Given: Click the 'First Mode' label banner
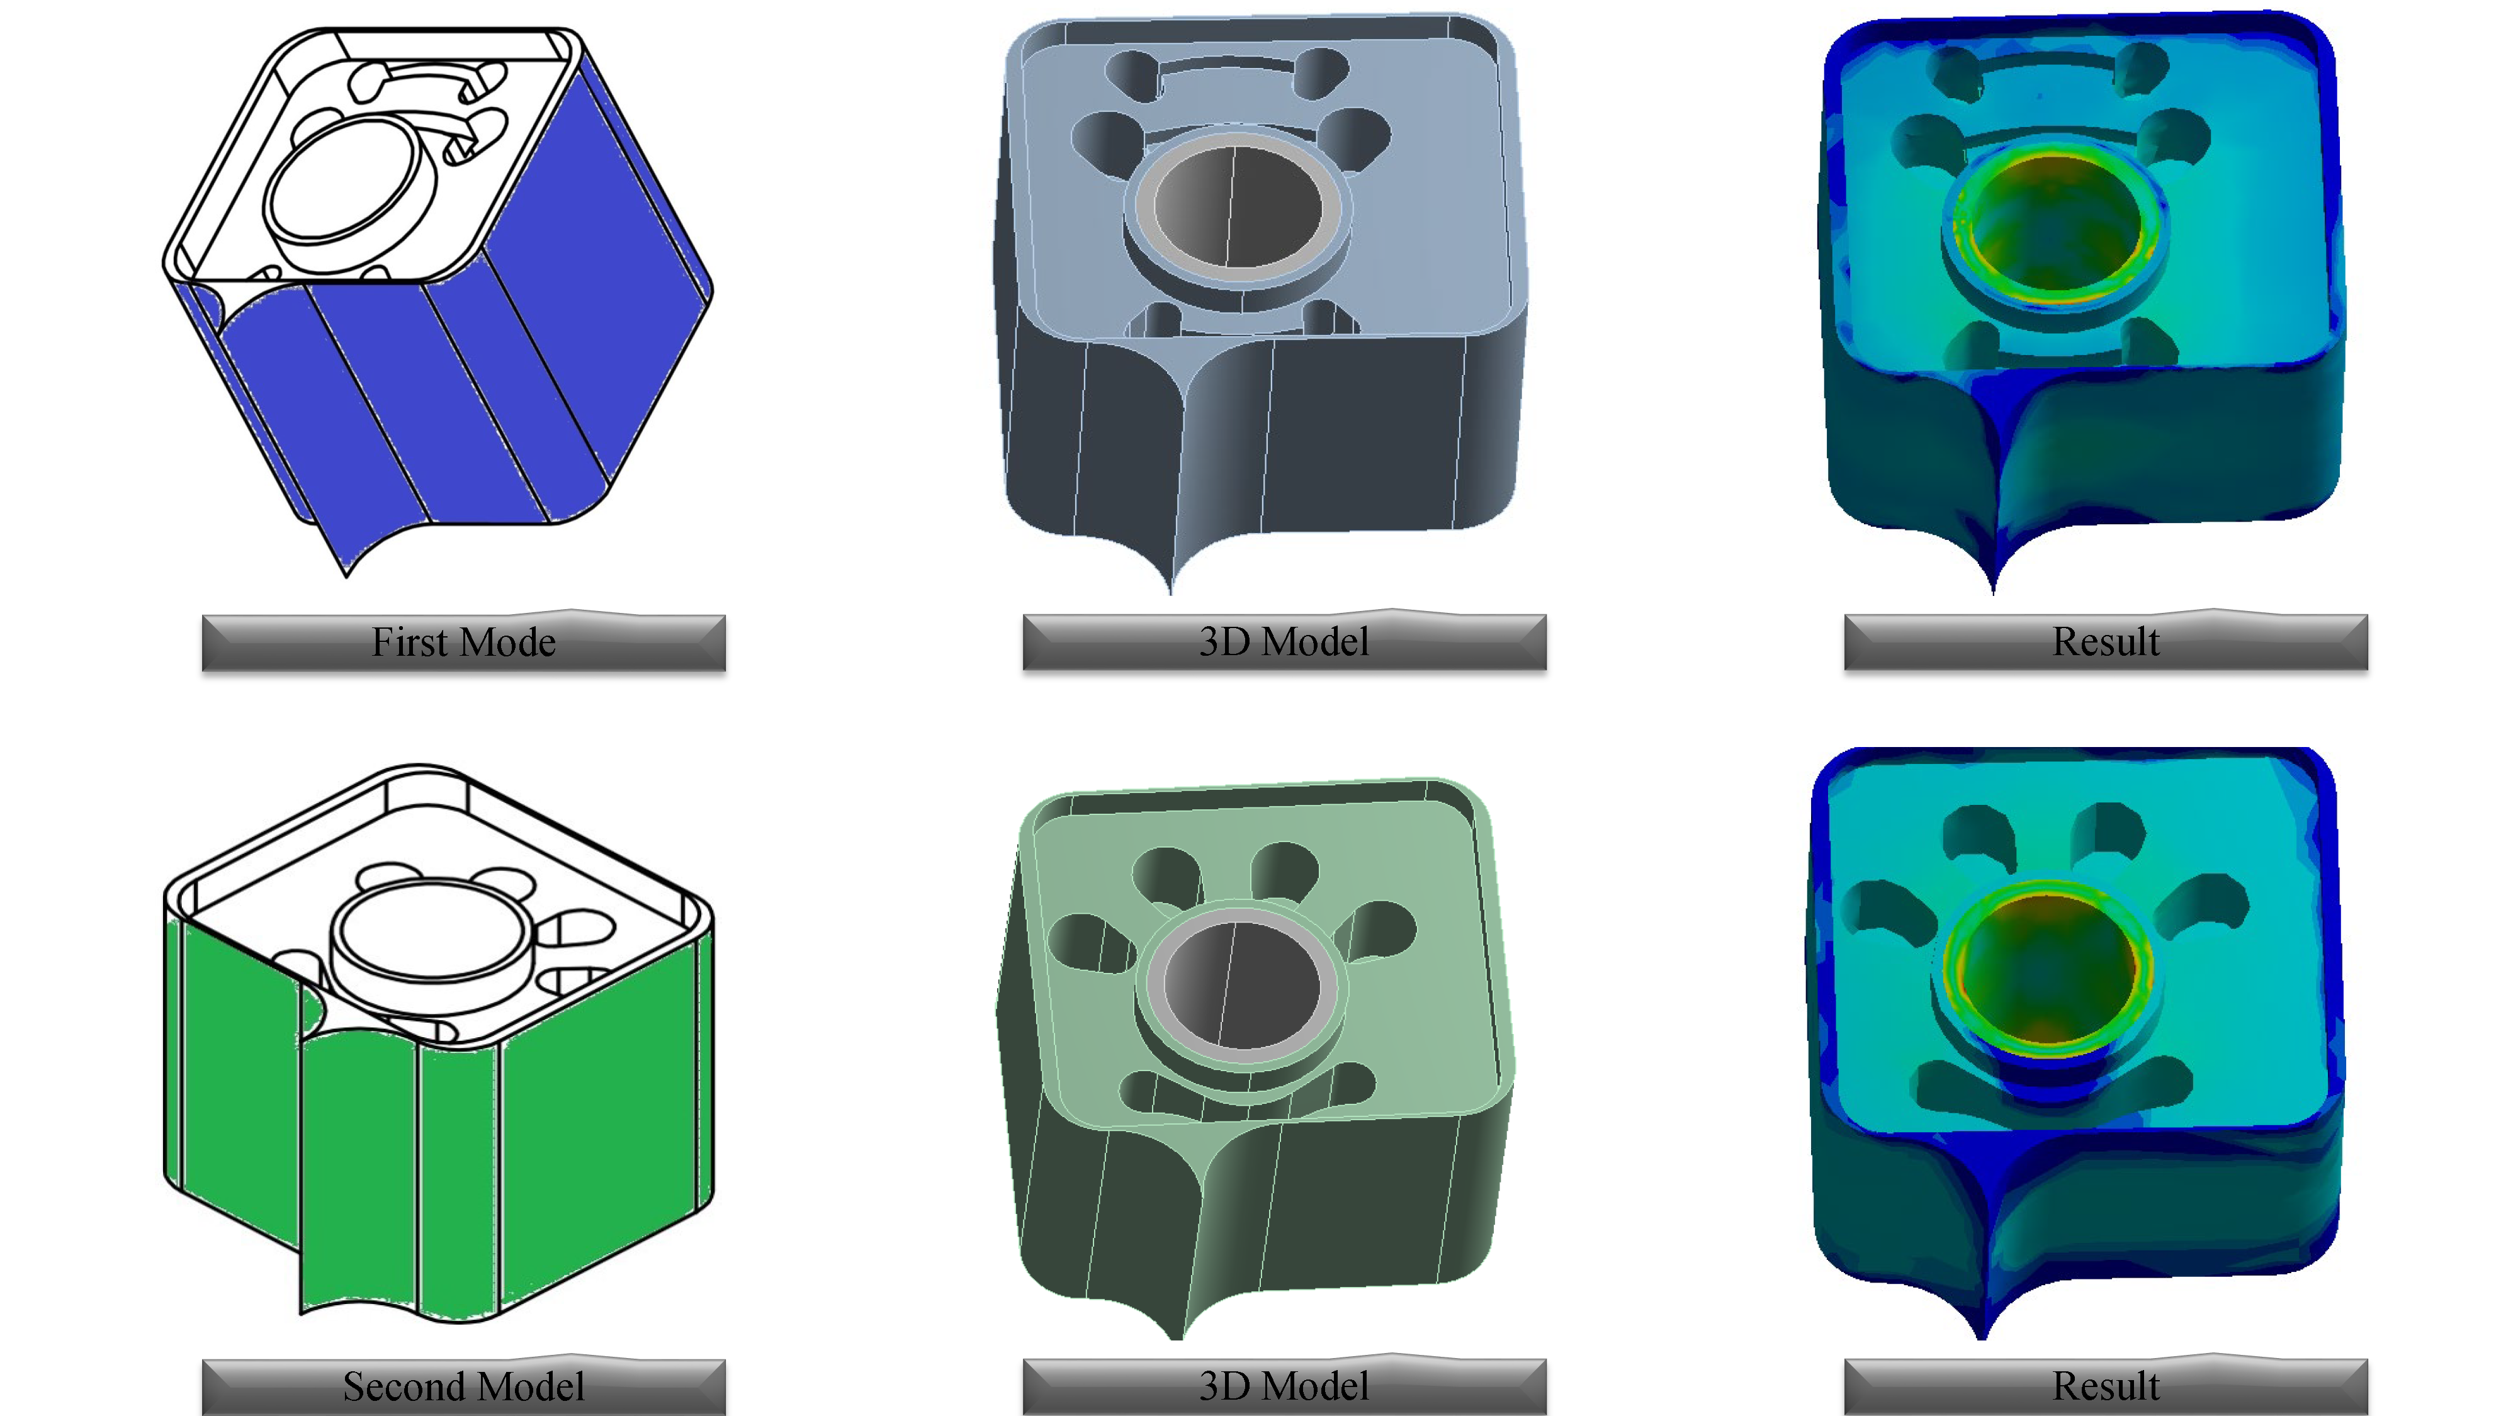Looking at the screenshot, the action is click(463, 642).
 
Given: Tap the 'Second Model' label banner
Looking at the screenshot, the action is click(463, 1386).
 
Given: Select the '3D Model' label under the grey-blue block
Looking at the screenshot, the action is click(1284, 642).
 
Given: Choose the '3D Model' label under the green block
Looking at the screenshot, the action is click(1284, 1386).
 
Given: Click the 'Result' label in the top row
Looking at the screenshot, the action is click(2106, 642).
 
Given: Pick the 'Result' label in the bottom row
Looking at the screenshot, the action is click(2106, 1386).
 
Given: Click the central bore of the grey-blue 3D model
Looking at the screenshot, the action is click(1238, 207).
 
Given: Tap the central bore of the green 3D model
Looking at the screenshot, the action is click(1243, 984).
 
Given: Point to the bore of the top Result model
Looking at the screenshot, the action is click(2053, 225).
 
